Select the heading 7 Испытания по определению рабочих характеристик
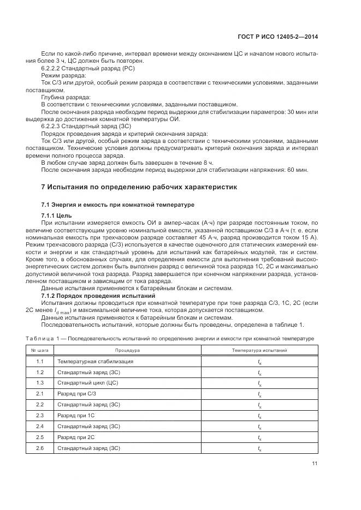[x=139, y=187]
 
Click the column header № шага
[x=40, y=350]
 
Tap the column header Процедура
[x=127, y=350]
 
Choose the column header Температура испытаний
[x=259, y=350]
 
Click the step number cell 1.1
[x=40, y=362]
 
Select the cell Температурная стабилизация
[x=95, y=362]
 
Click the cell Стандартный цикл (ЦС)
[x=87, y=383]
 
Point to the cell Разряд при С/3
[x=76, y=394]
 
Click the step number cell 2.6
[x=40, y=448]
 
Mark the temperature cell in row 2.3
[x=259, y=416]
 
